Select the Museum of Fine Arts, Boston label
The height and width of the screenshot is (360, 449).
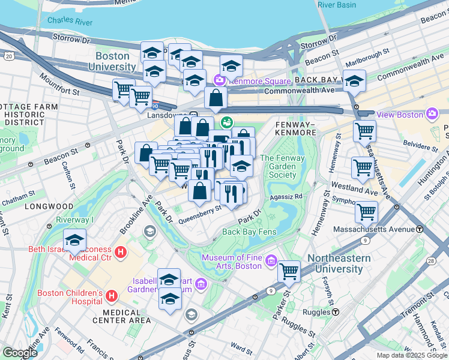(231, 262)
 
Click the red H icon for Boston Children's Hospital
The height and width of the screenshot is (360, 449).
(111, 296)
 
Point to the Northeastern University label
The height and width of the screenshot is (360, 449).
(335, 263)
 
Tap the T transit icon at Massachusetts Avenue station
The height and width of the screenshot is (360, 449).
(420, 229)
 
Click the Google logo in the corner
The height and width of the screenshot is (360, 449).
(20, 353)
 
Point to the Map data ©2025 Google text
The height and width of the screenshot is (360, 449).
(412, 355)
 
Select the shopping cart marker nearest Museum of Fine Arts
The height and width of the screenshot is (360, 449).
(289, 271)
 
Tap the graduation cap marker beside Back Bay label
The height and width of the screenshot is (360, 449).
(354, 80)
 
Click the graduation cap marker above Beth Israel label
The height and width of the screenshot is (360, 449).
(74, 241)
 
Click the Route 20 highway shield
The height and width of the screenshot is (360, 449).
(8, 56)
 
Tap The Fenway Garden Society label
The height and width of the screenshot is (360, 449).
(282, 167)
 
